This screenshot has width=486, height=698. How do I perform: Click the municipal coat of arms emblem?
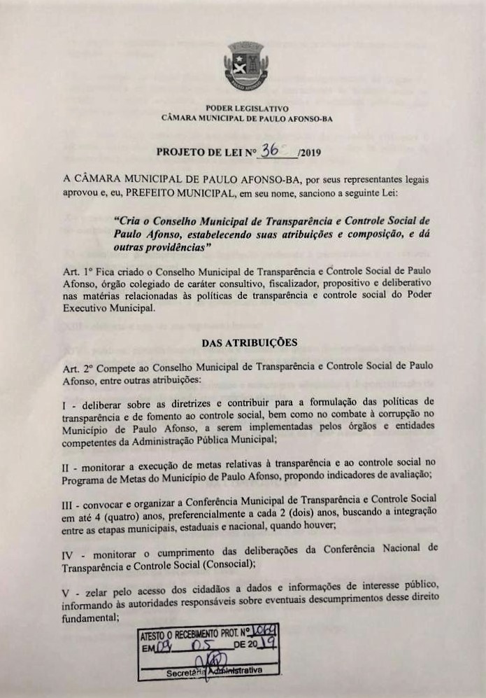click(246, 68)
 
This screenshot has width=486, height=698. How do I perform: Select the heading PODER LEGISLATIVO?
click(247, 109)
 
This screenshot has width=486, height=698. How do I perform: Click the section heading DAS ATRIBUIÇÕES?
click(250, 342)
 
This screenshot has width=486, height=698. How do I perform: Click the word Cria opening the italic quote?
click(127, 220)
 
